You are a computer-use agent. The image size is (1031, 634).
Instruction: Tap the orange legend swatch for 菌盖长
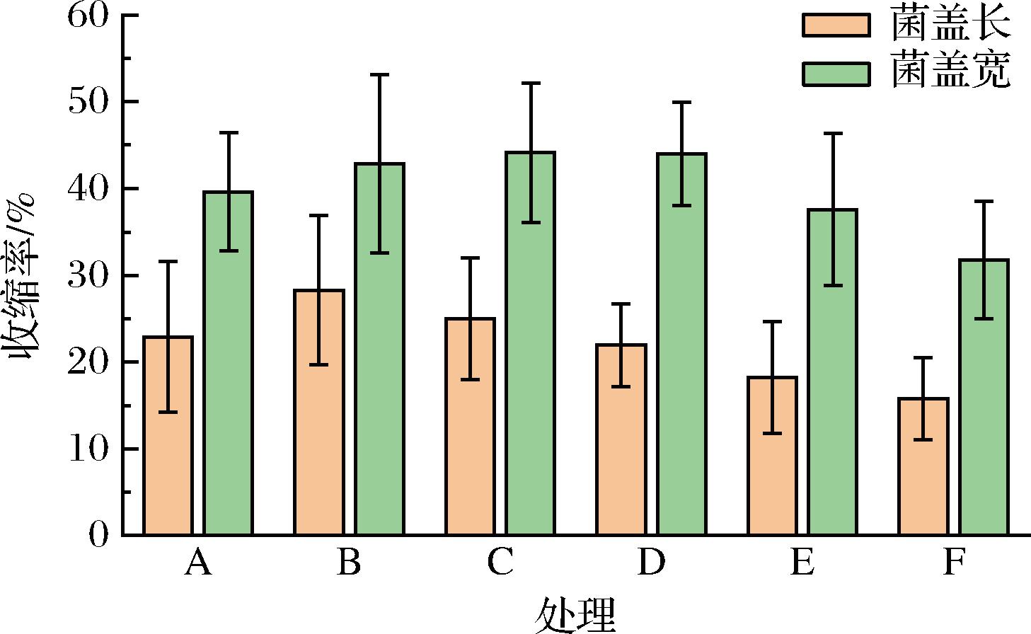pyautogui.click(x=836, y=25)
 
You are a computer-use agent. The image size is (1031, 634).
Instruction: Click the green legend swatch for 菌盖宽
pyautogui.click(x=836, y=74)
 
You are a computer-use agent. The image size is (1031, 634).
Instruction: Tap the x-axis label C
pyautogui.click(x=500, y=563)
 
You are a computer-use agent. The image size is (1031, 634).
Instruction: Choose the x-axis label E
pyautogui.click(x=802, y=563)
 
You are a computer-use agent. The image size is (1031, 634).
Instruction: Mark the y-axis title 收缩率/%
pyautogui.click(x=23, y=276)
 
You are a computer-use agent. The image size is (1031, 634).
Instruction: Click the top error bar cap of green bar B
pyautogui.click(x=380, y=74)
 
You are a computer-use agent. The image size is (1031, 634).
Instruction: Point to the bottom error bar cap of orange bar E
pyautogui.click(x=772, y=433)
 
